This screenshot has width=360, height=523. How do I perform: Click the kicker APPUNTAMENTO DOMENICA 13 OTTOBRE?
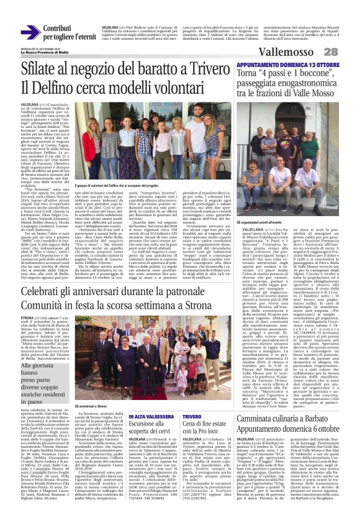[x=290, y=64]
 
